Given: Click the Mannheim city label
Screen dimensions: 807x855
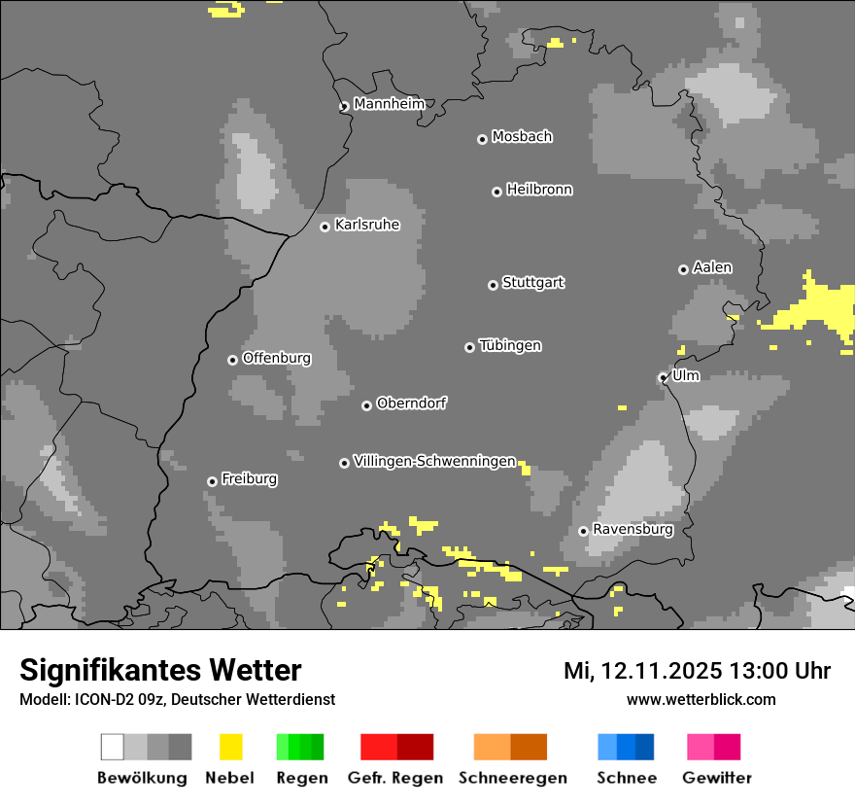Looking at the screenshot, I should tap(390, 104).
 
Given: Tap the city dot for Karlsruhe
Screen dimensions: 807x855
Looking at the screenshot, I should tap(325, 227).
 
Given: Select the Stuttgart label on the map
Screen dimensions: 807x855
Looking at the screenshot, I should tap(532, 283).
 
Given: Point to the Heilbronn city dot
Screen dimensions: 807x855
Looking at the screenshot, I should tap(496, 192).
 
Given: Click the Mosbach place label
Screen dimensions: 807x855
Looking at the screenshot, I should tap(522, 137).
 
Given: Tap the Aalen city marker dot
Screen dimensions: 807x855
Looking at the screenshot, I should tap(683, 269).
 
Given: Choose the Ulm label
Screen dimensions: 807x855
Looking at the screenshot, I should tap(686, 376).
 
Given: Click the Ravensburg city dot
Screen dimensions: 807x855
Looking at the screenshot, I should tap(583, 531).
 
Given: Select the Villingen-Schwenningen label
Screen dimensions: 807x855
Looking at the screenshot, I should tap(434, 462).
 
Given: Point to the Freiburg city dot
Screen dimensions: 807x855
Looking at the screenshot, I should tap(212, 481).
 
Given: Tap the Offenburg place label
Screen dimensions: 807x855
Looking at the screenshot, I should tap(277, 358).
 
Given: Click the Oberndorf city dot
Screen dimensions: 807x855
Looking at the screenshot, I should tap(366, 405).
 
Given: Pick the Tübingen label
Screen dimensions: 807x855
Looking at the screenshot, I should tap(510, 346).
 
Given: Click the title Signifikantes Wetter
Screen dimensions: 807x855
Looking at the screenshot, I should tap(160, 670).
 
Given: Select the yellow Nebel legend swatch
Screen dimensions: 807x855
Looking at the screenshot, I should tap(230, 747).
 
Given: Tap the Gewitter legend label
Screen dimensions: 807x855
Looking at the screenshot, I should tap(717, 778).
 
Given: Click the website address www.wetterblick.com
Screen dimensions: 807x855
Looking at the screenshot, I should tap(701, 699).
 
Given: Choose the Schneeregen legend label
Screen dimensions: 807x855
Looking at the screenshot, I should tap(513, 778).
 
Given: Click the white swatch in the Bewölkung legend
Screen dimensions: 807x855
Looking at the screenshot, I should tap(112, 747).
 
